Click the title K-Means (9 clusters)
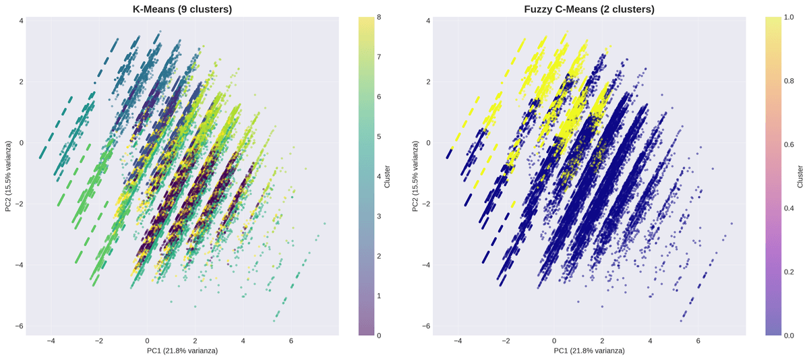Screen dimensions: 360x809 (x=183, y=9)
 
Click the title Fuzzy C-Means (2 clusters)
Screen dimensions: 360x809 (x=589, y=9)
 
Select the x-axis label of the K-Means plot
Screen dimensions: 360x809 (x=183, y=351)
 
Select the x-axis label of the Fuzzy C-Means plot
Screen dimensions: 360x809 (x=589, y=351)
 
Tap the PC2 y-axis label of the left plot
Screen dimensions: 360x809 (x=8, y=176)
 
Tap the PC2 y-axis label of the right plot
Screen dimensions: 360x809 (x=415, y=176)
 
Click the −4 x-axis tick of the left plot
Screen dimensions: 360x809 (x=51, y=341)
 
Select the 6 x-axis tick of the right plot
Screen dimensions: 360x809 (x=698, y=341)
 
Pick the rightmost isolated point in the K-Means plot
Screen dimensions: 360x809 (x=325, y=224)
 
